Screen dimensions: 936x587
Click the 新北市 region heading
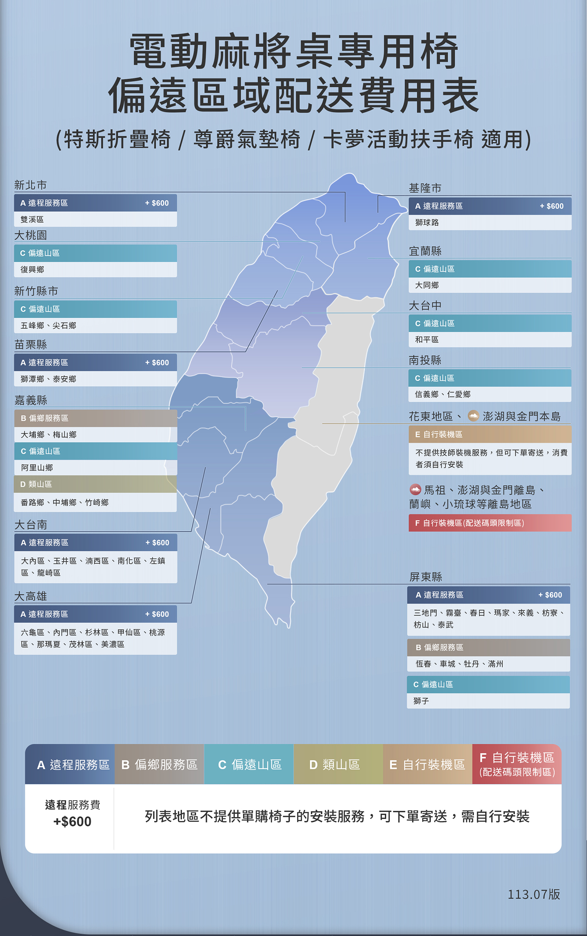[x=31, y=185]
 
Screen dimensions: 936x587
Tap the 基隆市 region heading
[x=425, y=188]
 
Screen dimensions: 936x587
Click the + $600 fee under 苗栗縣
[x=157, y=363]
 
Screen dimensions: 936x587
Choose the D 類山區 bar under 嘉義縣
[x=95, y=484]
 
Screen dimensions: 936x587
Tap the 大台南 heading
[x=31, y=525]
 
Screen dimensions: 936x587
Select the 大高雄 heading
[x=31, y=596]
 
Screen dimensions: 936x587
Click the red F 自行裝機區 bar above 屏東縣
[x=490, y=523]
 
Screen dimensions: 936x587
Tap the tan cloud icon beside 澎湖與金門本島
[x=474, y=416]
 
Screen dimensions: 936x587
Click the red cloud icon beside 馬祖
[x=415, y=489]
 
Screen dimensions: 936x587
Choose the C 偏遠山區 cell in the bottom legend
[x=249, y=765]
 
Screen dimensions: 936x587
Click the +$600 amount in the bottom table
[x=72, y=821]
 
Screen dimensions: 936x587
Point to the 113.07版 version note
[x=534, y=894]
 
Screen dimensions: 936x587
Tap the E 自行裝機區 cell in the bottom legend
[x=427, y=765]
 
